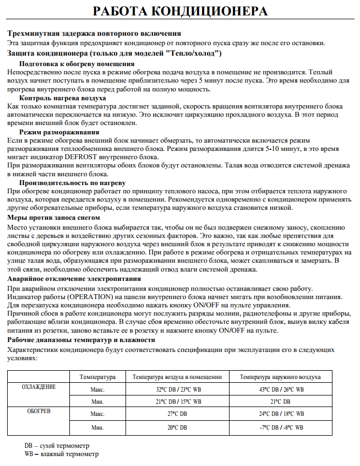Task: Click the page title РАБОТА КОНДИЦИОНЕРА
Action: click(x=180, y=12)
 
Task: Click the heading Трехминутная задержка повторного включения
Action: click(x=94, y=34)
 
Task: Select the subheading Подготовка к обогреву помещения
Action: click(x=77, y=64)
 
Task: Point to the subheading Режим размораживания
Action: click(x=59, y=132)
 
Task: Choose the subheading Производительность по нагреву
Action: click(x=73, y=182)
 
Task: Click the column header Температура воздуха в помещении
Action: click(x=177, y=377)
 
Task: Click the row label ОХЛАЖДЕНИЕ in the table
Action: click(x=39, y=387)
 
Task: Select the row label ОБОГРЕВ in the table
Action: click(x=39, y=411)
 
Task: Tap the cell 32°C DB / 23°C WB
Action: click(x=177, y=389)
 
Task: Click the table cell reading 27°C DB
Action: click(x=177, y=414)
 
